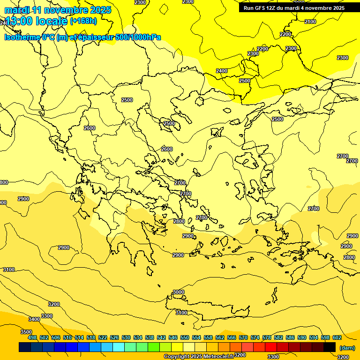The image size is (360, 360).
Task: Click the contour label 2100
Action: point(310,22)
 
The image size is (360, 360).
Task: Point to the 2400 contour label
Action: point(222,71)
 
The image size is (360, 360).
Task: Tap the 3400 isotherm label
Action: point(34,319)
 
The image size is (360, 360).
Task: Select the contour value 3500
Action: point(26,332)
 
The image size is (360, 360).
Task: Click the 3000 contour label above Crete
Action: point(179,292)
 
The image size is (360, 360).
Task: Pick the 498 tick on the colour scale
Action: point(32,337)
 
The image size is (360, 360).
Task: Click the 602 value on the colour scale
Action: point(337,337)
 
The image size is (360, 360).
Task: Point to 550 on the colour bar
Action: point(184,337)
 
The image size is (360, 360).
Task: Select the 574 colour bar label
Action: point(255,337)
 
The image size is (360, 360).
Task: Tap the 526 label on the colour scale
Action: point(114,337)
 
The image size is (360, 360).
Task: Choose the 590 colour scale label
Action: point(302,337)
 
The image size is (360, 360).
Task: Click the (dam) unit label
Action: point(347,347)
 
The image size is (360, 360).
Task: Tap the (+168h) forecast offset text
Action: point(83,21)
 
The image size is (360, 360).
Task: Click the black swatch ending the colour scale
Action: point(330,347)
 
